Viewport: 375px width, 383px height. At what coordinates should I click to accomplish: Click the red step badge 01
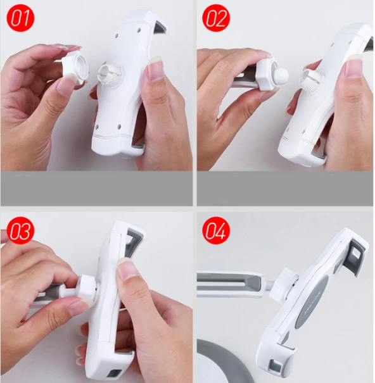20,18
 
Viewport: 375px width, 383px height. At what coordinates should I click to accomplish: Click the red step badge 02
216,18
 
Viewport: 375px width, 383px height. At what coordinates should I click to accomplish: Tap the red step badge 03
20,230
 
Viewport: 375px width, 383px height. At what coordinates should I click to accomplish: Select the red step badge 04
216,230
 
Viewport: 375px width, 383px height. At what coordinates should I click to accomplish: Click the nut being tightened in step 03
87,286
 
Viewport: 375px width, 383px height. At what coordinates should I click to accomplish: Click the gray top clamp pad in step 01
161,27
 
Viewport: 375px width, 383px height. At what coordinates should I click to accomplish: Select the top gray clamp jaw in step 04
357,256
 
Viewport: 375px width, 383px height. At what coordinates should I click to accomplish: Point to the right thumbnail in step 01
155,69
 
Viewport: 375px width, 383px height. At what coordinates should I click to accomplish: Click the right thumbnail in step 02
354,65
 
